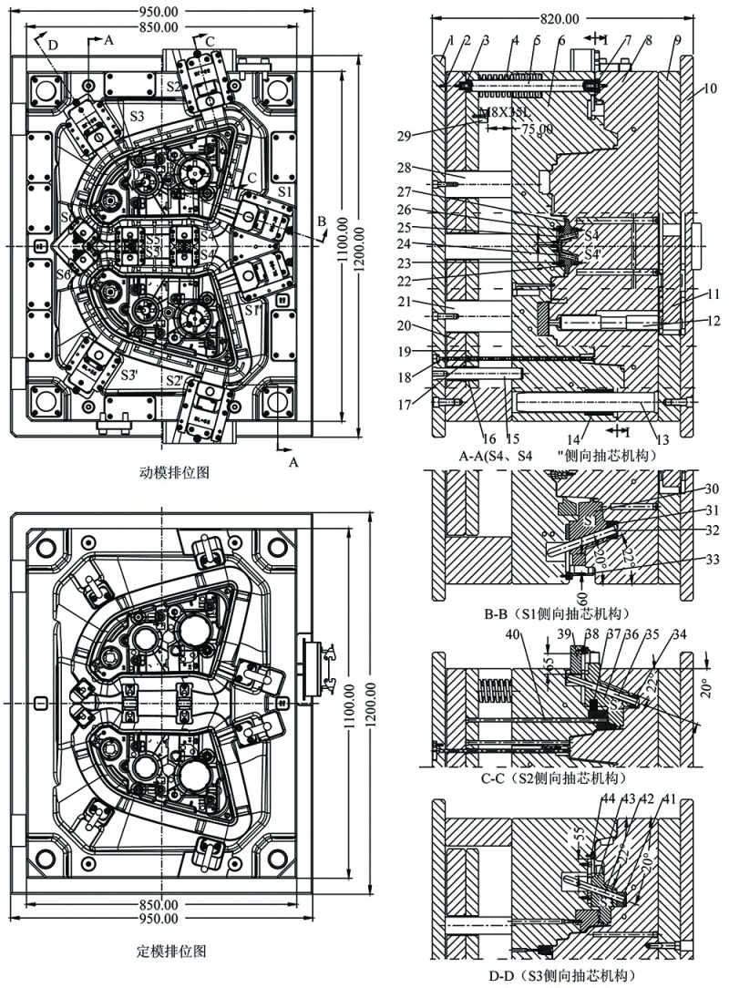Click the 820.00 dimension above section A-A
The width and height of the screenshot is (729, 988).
[559, 18]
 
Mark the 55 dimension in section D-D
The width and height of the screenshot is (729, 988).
[580, 834]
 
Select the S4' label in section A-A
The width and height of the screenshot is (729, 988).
[593, 253]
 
